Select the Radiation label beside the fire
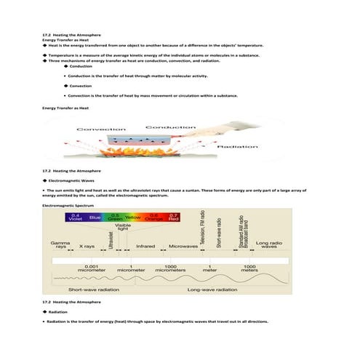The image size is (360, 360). coord(237,146)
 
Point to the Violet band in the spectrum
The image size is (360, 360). coord(76,217)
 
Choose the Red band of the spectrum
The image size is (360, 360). coord(172,217)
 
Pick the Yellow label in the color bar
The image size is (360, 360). coord(133,217)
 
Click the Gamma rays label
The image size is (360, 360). coord(60,245)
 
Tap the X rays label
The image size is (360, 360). coord(87,247)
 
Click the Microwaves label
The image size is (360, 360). coord(183,247)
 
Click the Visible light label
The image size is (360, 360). coord(123,228)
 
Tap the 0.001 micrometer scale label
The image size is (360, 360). coord(92,268)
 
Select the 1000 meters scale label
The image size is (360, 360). coord(250,268)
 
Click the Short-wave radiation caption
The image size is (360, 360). coord(94,289)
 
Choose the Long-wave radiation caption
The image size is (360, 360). coord(212,289)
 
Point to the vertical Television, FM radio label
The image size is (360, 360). coord(201,228)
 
